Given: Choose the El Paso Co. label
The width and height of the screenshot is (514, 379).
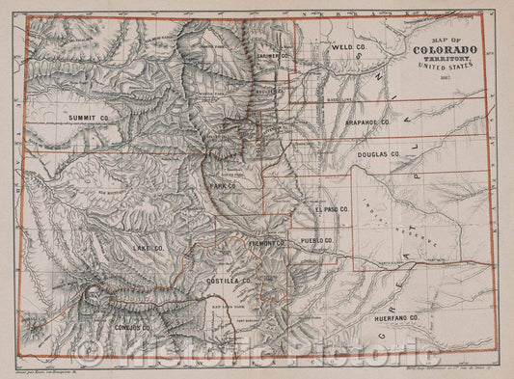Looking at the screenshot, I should click(x=329, y=209).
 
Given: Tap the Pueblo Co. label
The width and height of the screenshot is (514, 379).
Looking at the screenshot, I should click(x=315, y=240).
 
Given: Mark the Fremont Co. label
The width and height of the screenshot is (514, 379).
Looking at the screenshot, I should click(x=266, y=244).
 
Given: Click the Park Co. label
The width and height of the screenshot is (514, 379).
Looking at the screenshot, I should click(x=225, y=183).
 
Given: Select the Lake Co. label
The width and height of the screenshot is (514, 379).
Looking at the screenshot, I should click(x=149, y=249).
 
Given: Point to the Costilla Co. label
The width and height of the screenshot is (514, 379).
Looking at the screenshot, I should click(x=229, y=280).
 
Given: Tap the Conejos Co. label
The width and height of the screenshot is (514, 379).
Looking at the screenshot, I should click(x=134, y=327).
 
